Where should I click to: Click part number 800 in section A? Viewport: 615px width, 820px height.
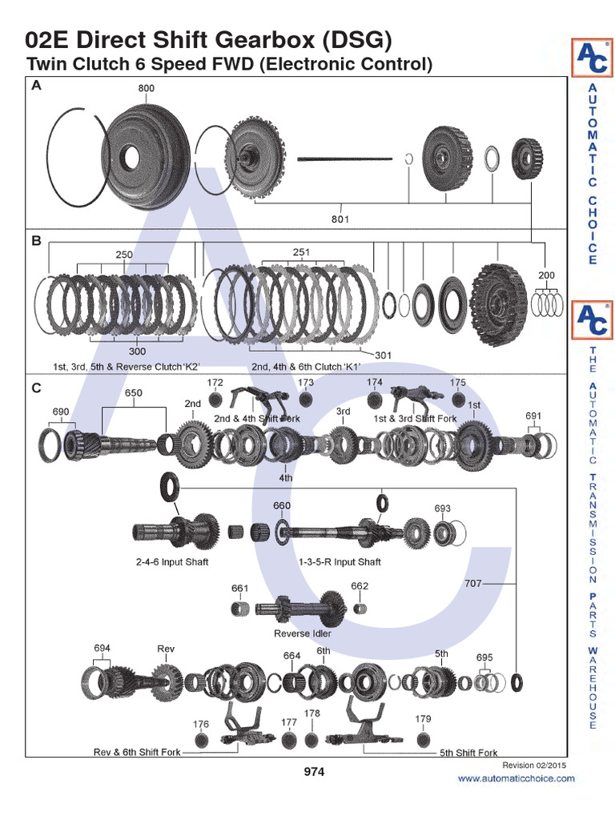click(x=146, y=88)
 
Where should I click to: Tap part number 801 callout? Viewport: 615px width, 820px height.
click(x=340, y=218)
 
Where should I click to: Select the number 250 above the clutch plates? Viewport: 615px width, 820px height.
click(x=123, y=255)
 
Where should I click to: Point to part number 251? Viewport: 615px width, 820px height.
click(x=301, y=252)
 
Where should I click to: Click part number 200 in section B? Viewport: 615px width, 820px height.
click(x=546, y=275)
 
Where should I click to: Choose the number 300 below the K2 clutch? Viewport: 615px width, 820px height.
click(x=137, y=351)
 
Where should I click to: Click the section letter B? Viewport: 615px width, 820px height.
click(x=36, y=239)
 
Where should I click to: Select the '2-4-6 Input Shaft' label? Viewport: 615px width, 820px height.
click(x=171, y=562)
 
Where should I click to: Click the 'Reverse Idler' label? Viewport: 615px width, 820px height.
click(x=303, y=633)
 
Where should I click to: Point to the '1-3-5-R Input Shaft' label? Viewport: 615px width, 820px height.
click(x=340, y=562)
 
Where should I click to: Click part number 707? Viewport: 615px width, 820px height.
click(x=473, y=584)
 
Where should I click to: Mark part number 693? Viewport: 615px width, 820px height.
click(x=443, y=508)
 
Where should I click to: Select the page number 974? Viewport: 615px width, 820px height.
click(x=314, y=772)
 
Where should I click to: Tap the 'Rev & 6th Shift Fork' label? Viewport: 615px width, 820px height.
click(x=137, y=752)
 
